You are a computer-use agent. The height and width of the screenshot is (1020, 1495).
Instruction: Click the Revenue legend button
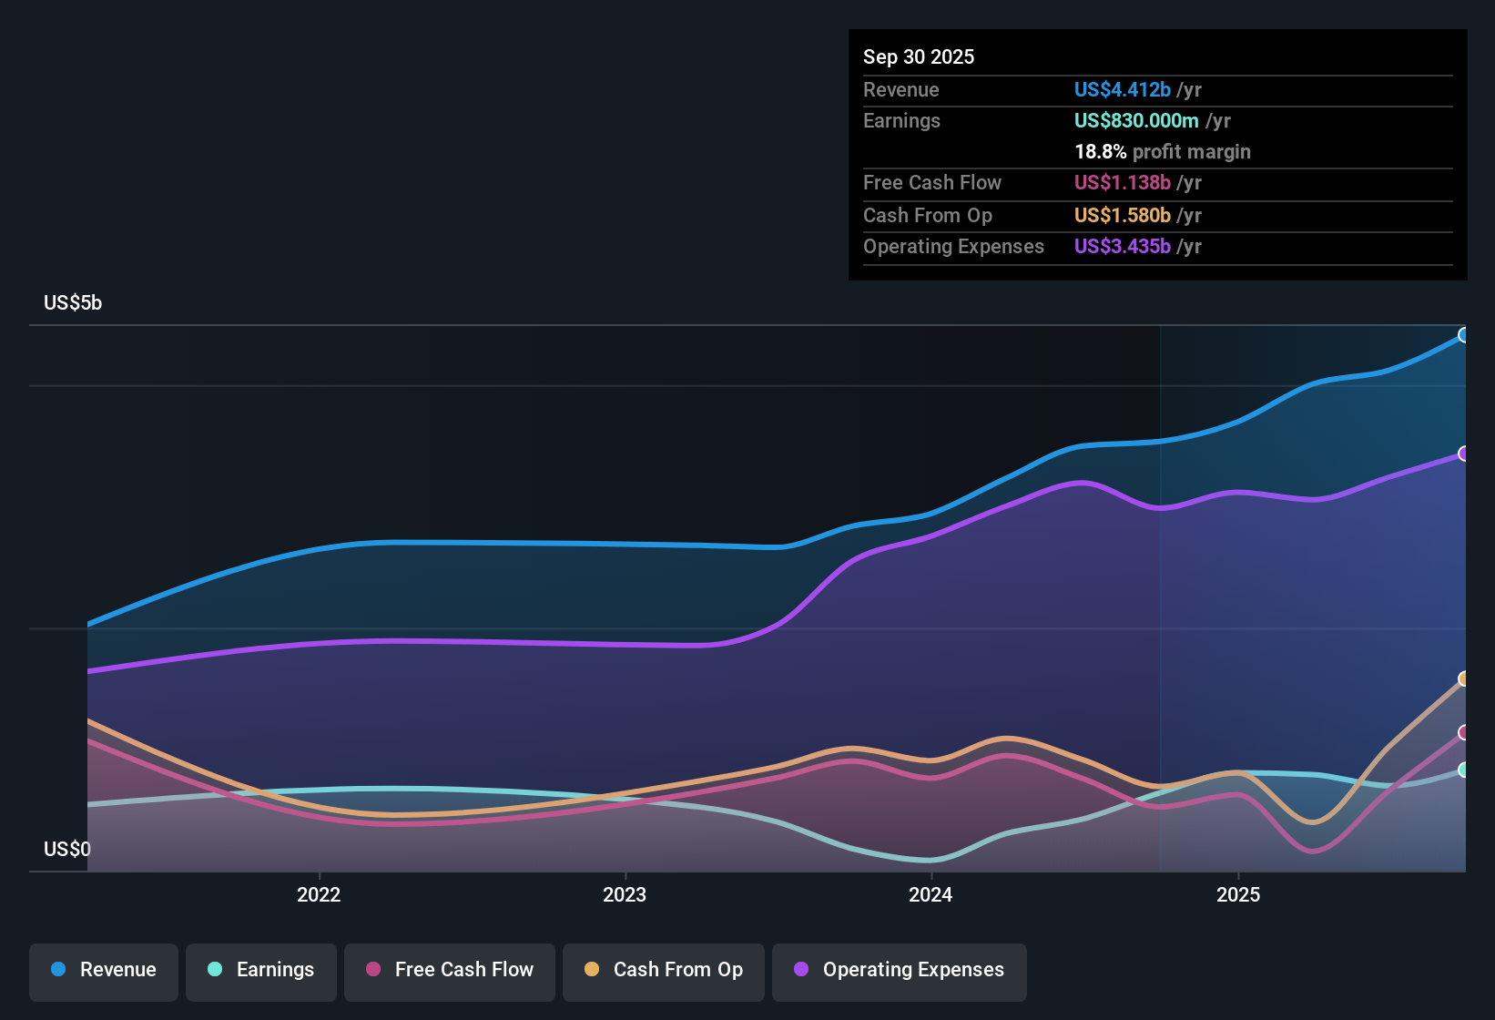click(104, 970)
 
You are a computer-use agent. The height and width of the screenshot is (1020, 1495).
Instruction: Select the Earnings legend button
click(261, 970)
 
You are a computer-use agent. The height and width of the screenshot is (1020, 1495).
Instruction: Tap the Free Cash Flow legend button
click(450, 970)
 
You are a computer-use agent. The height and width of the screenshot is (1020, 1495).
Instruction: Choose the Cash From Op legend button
click(664, 970)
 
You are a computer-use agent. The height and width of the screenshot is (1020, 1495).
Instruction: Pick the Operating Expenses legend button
click(900, 970)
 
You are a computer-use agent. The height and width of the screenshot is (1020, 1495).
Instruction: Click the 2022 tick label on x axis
click(319, 895)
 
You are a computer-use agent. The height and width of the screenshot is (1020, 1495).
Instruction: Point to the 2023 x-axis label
click(625, 895)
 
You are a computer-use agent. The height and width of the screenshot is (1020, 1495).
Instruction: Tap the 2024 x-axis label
click(931, 895)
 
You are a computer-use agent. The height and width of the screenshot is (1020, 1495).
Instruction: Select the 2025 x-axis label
click(1238, 895)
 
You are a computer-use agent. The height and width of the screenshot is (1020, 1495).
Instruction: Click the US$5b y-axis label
click(73, 303)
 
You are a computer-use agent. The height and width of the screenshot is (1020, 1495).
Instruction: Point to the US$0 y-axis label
click(67, 850)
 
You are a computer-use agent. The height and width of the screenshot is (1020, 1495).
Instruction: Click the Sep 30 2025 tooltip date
click(919, 57)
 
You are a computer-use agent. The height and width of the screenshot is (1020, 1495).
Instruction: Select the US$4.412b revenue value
click(1122, 90)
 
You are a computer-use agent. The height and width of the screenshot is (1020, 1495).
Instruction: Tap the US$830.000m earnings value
click(1136, 121)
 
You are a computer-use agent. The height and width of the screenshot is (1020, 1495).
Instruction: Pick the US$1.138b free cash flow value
click(1122, 183)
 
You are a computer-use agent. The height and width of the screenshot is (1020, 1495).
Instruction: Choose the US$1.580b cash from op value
click(1122, 216)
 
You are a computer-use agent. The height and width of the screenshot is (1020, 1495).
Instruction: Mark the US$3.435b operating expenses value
click(1122, 247)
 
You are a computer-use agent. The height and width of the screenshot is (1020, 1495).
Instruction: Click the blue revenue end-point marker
click(1463, 335)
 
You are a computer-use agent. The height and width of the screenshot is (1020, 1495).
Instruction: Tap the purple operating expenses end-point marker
click(1463, 454)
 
